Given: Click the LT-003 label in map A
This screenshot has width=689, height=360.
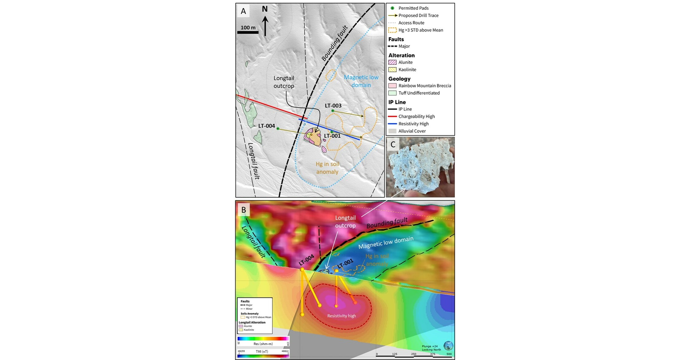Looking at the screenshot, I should click(x=333, y=106).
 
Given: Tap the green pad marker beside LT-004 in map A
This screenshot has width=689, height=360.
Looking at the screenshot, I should click(x=278, y=129).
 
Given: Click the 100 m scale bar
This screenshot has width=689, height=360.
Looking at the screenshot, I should click(x=248, y=32).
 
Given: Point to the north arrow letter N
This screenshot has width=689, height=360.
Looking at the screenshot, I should click(x=265, y=9).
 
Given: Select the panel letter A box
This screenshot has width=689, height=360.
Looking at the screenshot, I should click(x=243, y=11).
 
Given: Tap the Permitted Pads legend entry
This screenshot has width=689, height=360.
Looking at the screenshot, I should click(x=413, y=8).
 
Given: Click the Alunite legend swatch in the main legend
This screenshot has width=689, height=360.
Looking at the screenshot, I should click(x=392, y=62).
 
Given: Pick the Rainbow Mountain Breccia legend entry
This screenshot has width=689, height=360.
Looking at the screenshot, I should click(x=424, y=86).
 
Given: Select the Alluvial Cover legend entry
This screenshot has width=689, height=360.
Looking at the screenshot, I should click(x=412, y=131).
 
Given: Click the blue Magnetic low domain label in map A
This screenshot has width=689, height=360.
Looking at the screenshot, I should click(x=361, y=81).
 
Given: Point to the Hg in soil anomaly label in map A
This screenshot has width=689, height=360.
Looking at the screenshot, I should click(x=327, y=168).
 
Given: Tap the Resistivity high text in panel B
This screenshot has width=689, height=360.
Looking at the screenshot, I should click(x=341, y=316).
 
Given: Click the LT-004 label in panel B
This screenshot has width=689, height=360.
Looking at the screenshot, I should click(x=306, y=260).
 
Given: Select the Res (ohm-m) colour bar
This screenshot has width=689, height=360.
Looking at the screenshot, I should click(x=263, y=339).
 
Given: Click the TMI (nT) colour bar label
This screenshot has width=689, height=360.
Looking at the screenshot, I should click(x=262, y=351).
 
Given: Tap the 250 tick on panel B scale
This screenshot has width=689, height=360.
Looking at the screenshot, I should click(x=414, y=354).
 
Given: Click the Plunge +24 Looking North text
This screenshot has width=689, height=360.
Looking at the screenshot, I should click(x=431, y=348).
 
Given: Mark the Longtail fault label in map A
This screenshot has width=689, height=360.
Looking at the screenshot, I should click(x=254, y=161).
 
